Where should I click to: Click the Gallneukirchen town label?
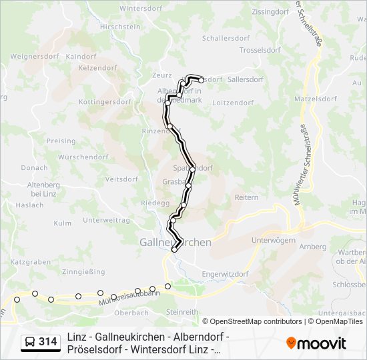[175, 242]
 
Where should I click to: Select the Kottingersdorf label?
[105, 102]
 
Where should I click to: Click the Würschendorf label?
[83, 157]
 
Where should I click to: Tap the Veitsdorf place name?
[121, 179]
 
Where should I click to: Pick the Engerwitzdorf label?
[225, 274]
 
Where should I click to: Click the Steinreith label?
[182, 311]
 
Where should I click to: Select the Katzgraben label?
[31, 263]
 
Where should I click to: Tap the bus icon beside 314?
[30, 342]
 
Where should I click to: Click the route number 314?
[47, 342]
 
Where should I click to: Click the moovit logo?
[316, 343]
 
